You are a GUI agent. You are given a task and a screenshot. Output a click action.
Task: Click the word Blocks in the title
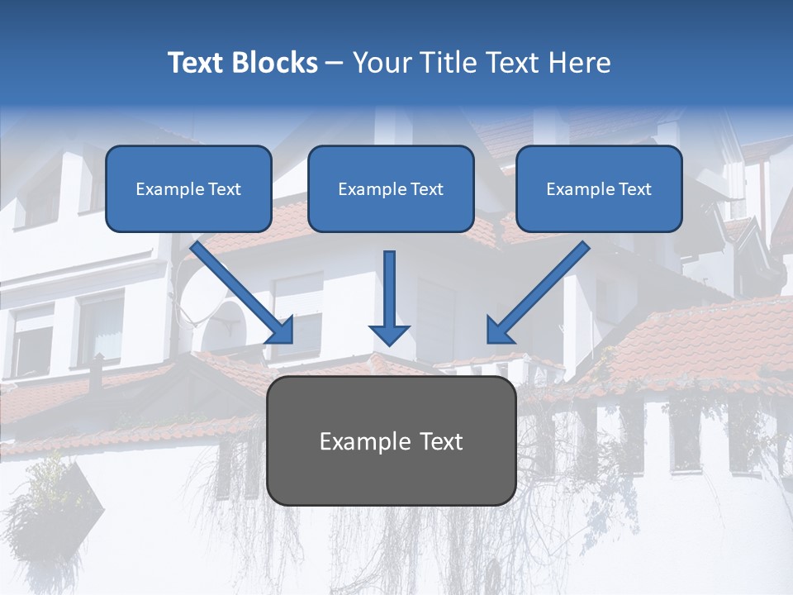click(273, 63)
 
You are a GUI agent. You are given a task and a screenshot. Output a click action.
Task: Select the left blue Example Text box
click(188, 189)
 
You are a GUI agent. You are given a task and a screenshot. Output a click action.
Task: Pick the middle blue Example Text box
click(391, 189)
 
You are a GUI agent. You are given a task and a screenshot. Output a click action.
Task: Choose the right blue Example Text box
click(599, 189)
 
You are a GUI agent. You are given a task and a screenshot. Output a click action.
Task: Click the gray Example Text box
click(391, 441)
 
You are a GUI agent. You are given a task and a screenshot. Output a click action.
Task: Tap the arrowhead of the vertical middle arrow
click(390, 334)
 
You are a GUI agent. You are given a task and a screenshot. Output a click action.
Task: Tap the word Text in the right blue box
click(634, 189)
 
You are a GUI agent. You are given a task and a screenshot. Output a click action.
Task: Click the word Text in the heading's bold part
click(195, 63)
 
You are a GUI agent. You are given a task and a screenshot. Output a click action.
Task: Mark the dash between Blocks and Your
click(335, 64)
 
